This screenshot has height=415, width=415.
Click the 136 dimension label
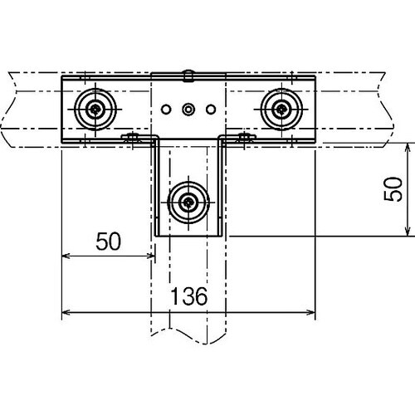click(x=189, y=296)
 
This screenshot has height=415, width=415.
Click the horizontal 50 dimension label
click(x=109, y=242)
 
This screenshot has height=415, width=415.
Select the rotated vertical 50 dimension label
click(x=393, y=189)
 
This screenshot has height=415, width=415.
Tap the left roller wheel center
click(x=95, y=110)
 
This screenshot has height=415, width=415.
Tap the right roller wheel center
click(x=281, y=110)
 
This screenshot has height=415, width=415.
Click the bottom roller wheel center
click(x=188, y=203)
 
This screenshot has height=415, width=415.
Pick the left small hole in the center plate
click(x=166, y=110)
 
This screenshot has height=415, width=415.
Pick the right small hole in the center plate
click(x=211, y=110)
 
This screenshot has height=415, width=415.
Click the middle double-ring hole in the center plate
click(x=188, y=110)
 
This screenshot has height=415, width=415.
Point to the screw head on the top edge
click(x=188, y=76)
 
